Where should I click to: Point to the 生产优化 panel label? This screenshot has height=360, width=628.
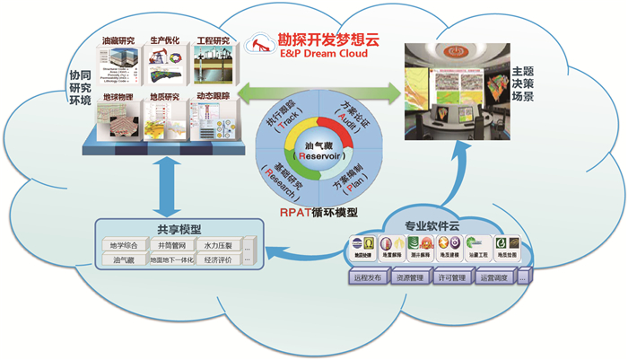[x=165, y=40]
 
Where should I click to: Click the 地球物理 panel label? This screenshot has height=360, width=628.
[x=119, y=95]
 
